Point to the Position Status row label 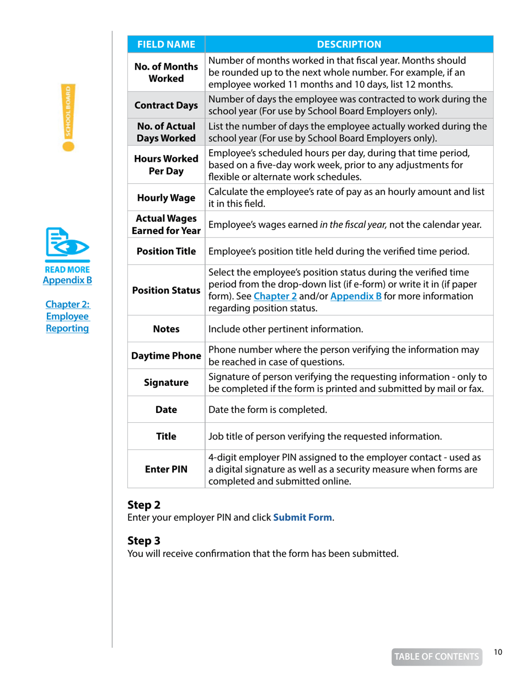coord(166,289)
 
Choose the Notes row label coord(166,331)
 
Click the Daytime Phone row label coord(166,356)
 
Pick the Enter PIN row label coord(166,469)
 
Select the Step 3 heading coord(143,541)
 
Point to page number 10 coord(498,652)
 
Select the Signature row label coord(166,383)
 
